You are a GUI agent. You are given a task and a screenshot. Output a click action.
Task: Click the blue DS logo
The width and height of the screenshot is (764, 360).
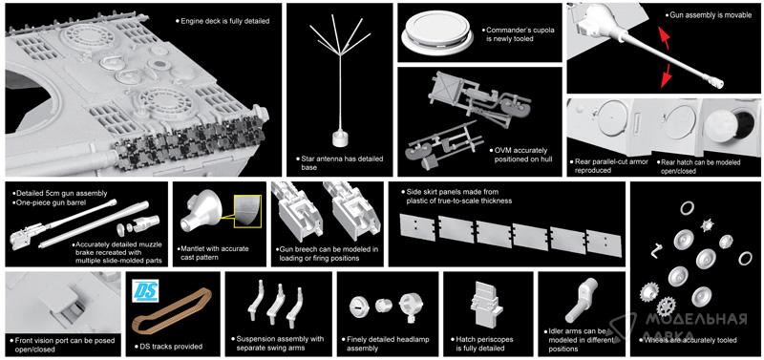pos(145,291)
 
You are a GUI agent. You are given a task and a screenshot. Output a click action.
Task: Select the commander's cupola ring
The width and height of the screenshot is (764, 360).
pos(437,32)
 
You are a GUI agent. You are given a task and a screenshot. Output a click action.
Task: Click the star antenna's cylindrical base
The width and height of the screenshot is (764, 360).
pos(340,138)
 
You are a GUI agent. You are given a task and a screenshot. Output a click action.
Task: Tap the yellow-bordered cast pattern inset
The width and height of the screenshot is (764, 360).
pos(248,210)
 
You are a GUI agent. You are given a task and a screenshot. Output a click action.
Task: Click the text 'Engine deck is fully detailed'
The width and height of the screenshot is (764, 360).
pos(223,21)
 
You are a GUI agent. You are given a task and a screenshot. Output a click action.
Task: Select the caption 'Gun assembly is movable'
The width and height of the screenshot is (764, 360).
pos(710,15)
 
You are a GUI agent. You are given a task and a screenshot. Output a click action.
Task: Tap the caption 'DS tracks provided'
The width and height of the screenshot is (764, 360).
pos(169,347)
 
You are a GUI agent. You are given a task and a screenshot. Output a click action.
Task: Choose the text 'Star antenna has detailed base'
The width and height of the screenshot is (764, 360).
pos(340,163)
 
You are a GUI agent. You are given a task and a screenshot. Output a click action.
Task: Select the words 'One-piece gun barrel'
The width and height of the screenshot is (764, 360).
pos(46,202)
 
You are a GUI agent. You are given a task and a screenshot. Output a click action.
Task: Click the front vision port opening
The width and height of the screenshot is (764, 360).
pos(71,307)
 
